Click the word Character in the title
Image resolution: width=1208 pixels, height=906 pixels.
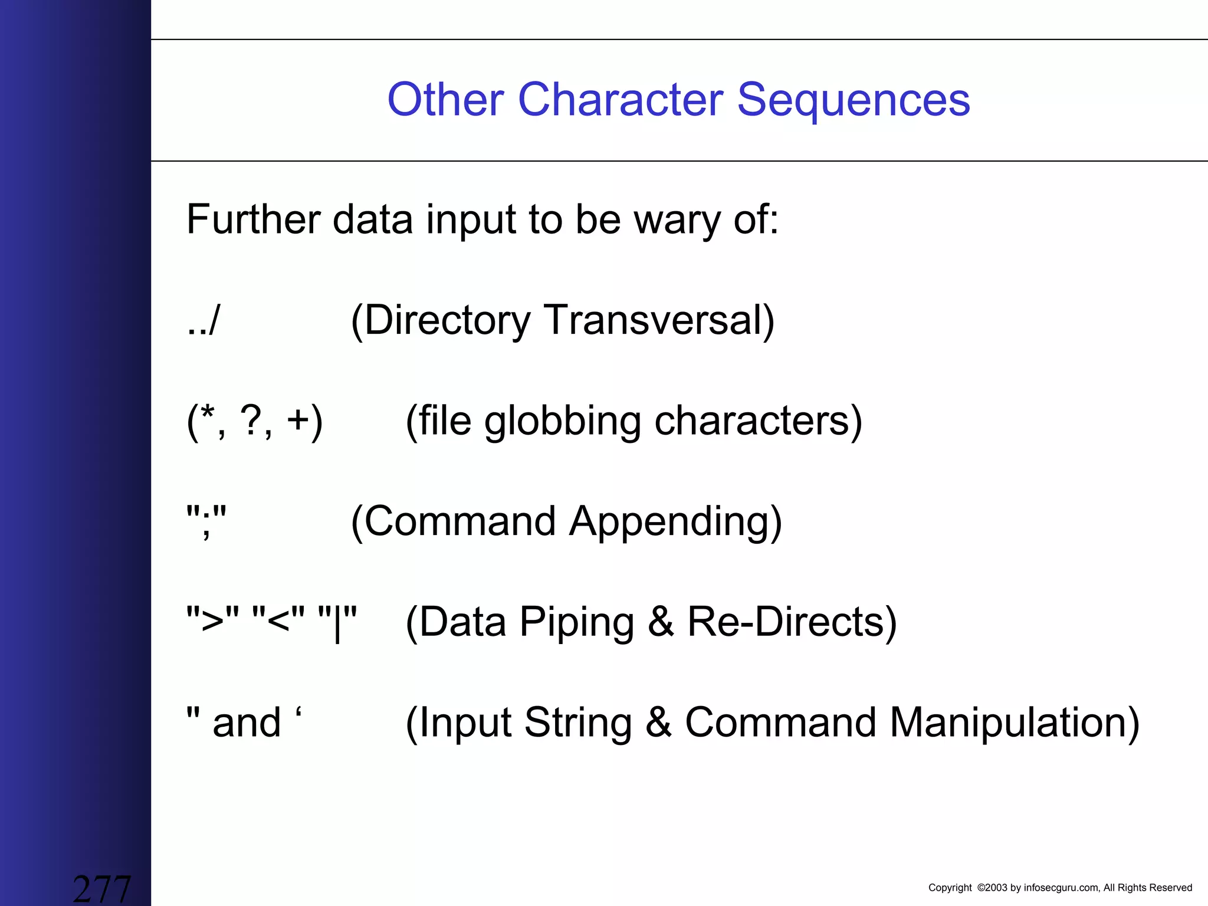tap(620, 100)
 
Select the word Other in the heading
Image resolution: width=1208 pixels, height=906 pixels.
tap(445, 100)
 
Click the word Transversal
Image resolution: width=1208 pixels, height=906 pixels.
tap(658, 320)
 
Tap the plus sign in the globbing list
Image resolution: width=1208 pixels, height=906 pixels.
tap(298, 421)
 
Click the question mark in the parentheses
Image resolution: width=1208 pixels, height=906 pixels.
tap(252, 420)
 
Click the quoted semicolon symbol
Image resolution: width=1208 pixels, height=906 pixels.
tap(206, 521)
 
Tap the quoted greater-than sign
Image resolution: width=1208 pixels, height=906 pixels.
tap(213, 622)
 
